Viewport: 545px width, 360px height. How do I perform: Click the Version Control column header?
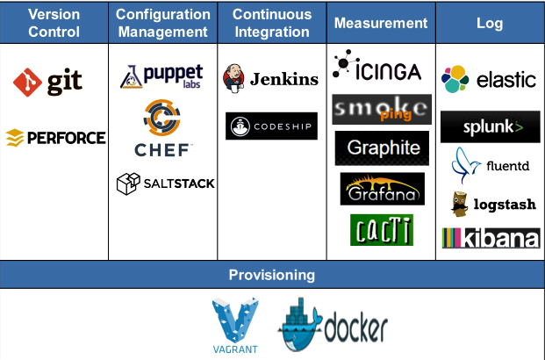click(x=54, y=24)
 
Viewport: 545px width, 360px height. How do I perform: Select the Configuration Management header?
click(x=163, y=24)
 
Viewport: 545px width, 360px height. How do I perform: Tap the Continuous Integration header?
click(x=272, y=24)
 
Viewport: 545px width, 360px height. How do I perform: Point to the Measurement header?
click(x=381, y=24)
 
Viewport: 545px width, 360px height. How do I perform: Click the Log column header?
click(x=490, y=24)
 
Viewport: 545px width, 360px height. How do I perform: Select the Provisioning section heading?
click(x=272, y=275)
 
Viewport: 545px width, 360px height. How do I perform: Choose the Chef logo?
click(x=162, y=129)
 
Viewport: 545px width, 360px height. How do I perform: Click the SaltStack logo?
click(x=165, y=184)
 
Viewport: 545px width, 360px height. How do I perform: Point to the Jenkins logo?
click(x=270, y=78)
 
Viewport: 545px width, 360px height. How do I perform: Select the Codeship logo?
click(x=271, y=126)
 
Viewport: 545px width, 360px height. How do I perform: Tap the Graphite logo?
click(x=382, y=148)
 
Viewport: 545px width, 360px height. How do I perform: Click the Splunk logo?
click(x=490, y=127)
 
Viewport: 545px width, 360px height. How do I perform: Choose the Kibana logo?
click(x=490, y=238)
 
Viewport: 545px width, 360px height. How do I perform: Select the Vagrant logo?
click(x=235, y=326)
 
